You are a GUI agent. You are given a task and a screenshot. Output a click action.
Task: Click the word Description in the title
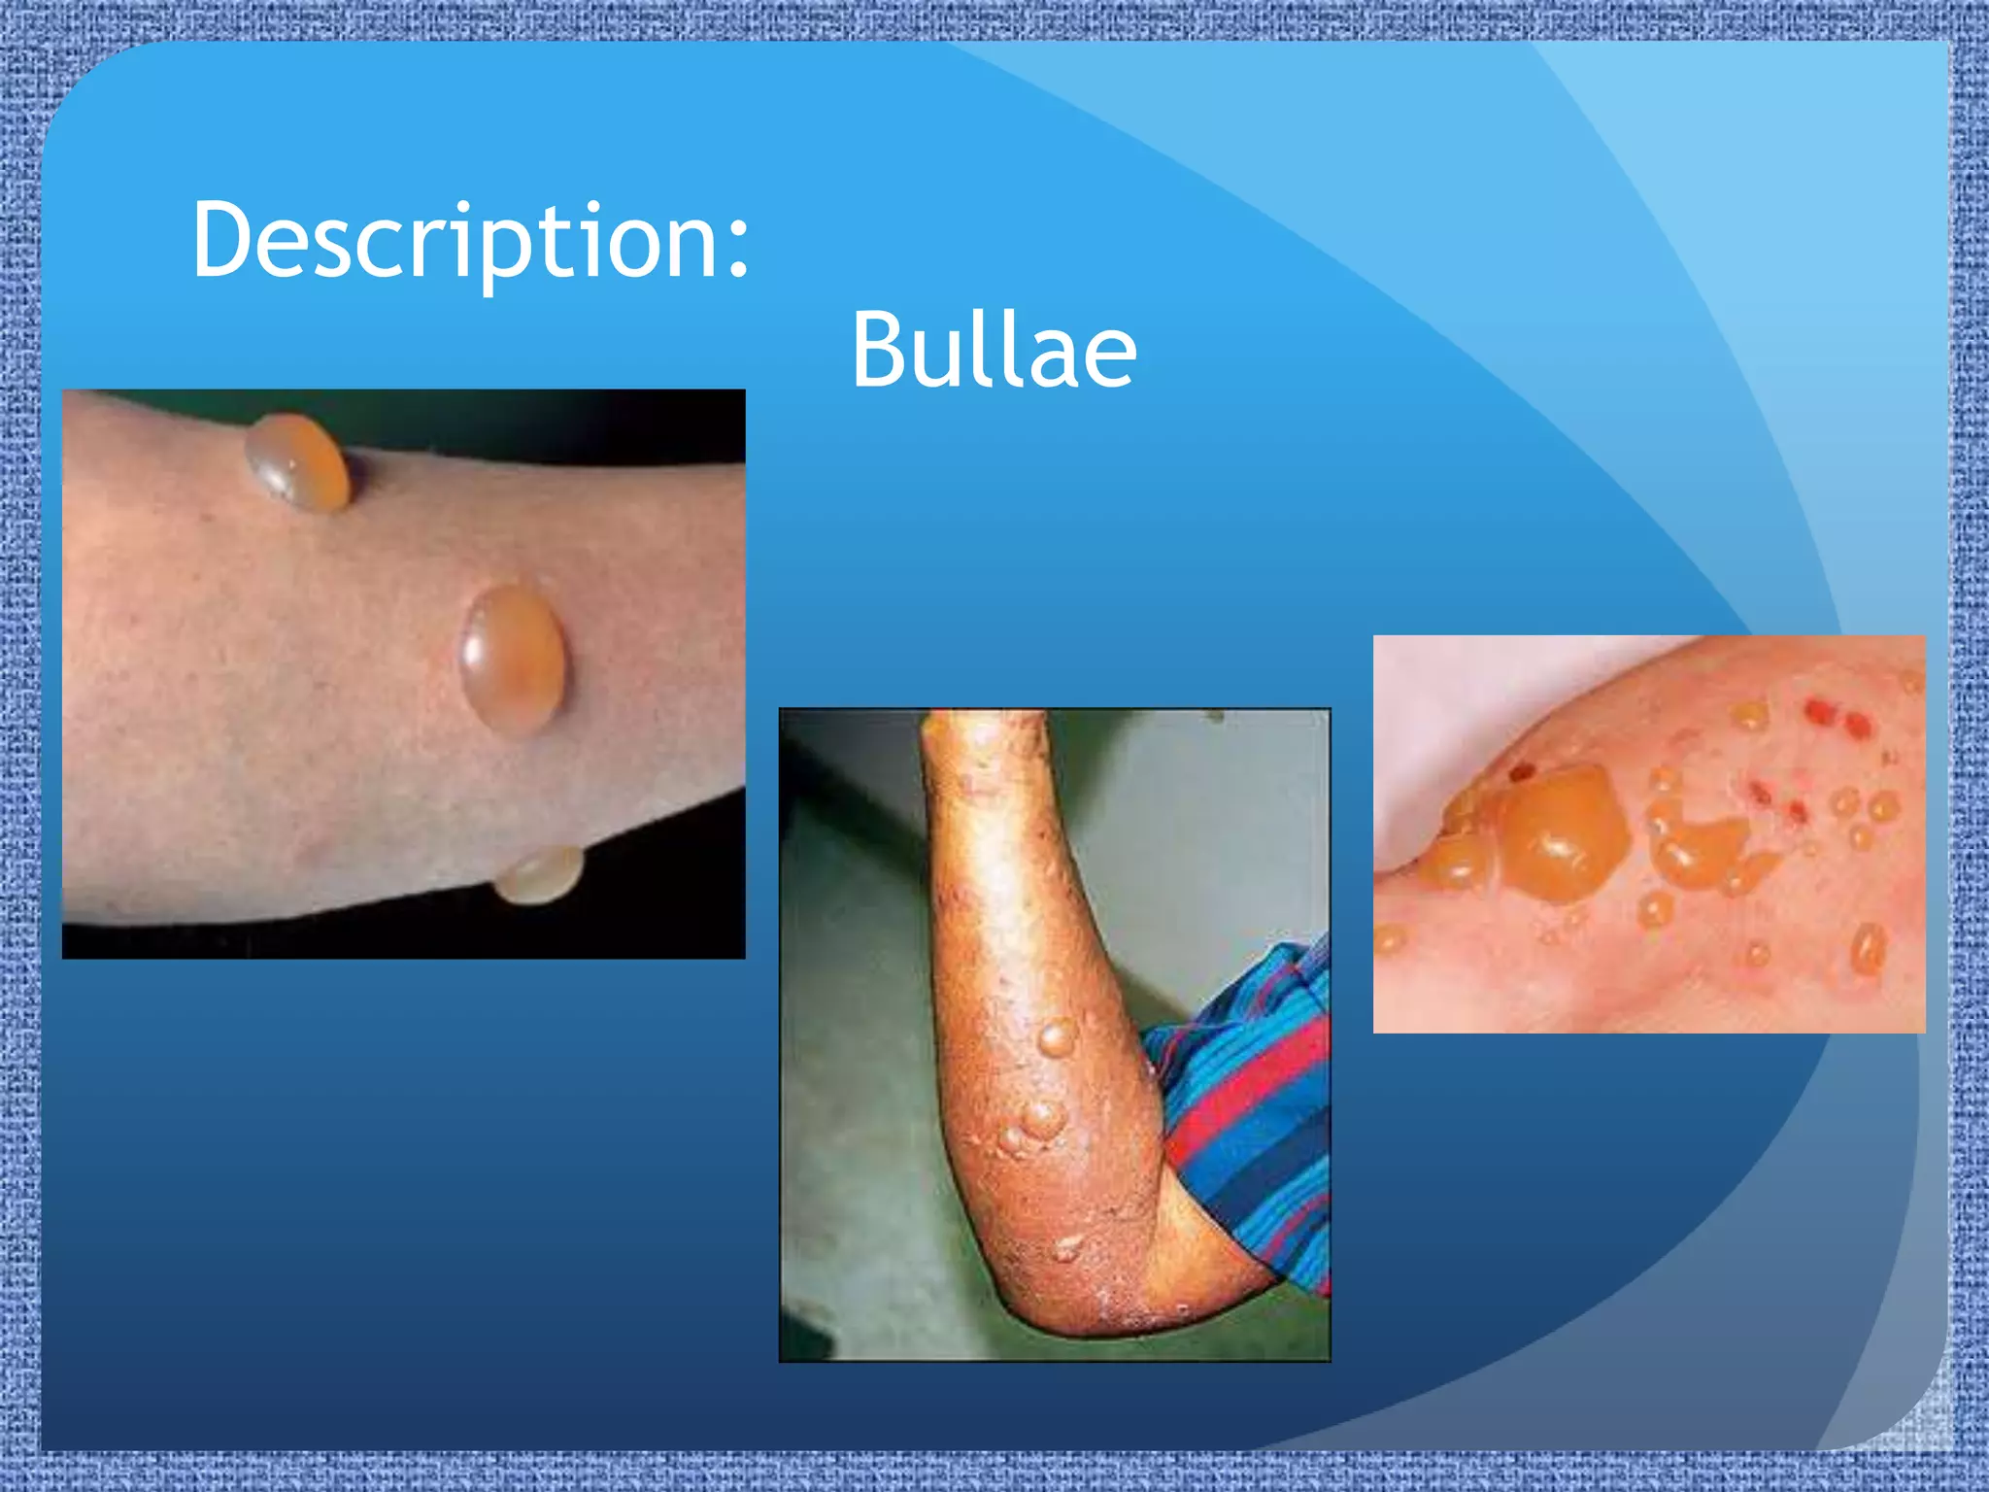(456, 241)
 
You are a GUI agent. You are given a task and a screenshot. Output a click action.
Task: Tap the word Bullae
(993, 351)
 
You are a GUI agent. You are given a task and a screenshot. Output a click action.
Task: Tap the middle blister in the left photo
(512, 659)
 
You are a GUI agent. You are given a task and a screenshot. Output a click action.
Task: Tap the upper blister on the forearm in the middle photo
(1057, 1037)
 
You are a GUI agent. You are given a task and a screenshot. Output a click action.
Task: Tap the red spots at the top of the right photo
(1836, 719)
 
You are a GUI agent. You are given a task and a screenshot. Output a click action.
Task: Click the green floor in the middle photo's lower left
(855, 1263)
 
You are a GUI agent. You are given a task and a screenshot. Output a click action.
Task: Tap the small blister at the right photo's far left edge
(1389, 938)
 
